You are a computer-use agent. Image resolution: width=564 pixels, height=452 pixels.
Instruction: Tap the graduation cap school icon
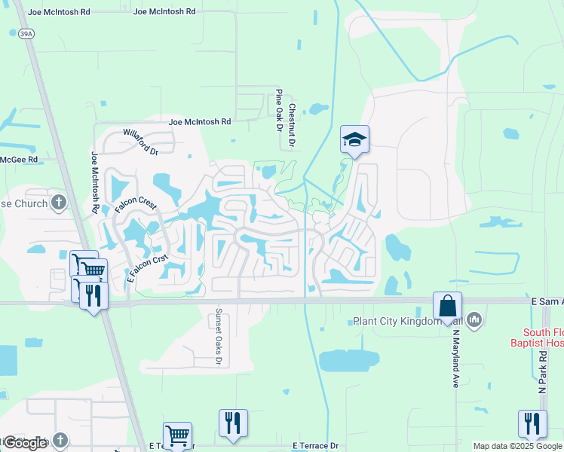(x=354, y=139)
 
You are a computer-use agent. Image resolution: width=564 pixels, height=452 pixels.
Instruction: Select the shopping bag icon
(x=447, y=306)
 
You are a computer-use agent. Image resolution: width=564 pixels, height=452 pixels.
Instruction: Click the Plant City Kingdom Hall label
(x=407, y=322)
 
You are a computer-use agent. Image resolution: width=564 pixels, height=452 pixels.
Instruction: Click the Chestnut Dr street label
(x=292, y=124)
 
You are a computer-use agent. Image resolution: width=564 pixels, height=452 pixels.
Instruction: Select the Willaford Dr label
(x=141, y=142)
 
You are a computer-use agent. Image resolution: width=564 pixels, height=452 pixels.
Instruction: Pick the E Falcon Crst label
(x=147, y=267)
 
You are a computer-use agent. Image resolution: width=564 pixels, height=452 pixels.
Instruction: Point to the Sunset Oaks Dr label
(x=219, y=337)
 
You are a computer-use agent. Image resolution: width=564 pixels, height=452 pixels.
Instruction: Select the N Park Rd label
(x=542, y=370)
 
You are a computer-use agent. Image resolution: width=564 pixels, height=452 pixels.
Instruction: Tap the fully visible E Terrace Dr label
(x=320, y=446)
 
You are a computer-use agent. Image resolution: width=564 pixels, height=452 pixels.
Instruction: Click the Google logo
(x=26, y=443)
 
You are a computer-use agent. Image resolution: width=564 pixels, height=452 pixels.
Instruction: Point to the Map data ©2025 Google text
(x=516, y=446)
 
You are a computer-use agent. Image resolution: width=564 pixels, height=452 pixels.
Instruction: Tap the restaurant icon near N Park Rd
(x=532, y=423)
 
